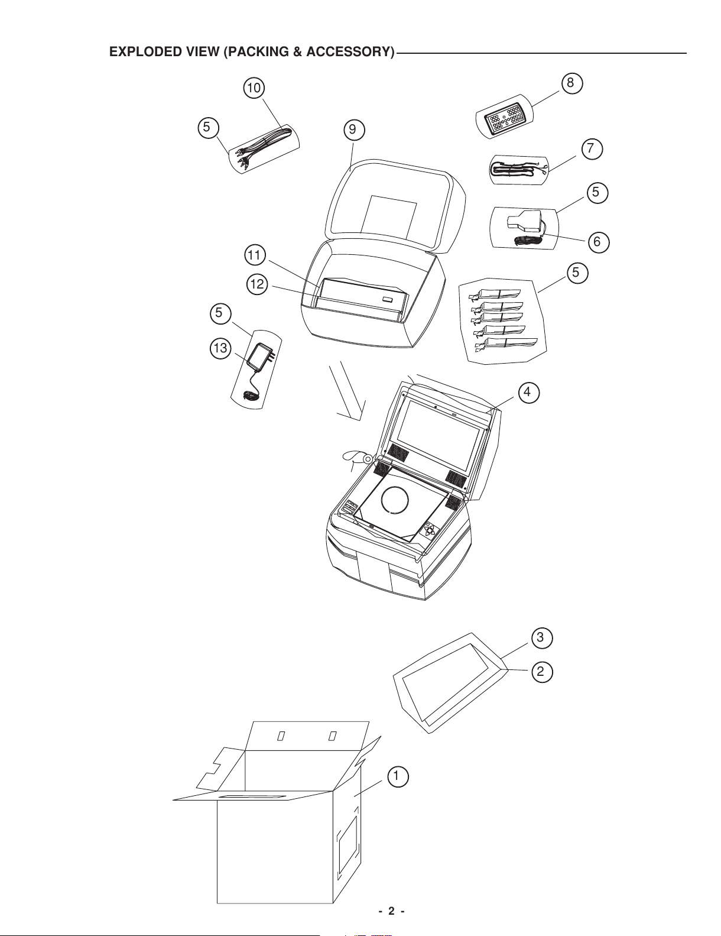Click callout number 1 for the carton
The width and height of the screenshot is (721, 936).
[397, 776]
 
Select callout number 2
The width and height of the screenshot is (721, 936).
[541, 672]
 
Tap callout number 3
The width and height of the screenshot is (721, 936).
[541, 638]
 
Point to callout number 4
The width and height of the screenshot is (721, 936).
[528, 393]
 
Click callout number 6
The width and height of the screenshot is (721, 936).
[598, 242]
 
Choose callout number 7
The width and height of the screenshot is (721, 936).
[592, 149]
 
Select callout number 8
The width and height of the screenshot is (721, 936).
[571, 83]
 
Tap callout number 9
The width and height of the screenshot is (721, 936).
[353, 130]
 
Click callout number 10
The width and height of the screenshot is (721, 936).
[254, 88]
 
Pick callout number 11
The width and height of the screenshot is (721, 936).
[254, 255]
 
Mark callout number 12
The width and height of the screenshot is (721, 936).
[257, 285]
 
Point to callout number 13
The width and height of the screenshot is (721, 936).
[220, 348]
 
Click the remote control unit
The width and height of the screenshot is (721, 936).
[504, 117]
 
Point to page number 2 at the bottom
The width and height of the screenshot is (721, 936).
[391, 911]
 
